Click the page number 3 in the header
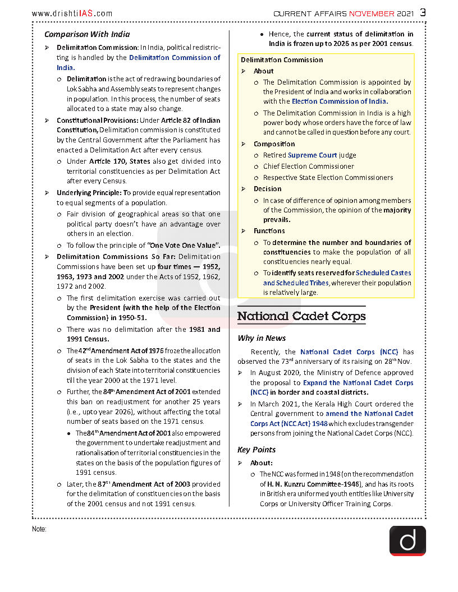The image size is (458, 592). (423, 12)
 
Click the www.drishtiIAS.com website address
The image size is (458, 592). (72, 13)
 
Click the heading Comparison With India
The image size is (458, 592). (87, 34)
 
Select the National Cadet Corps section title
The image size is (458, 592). (301, 316)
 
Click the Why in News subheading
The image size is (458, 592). (262, 338)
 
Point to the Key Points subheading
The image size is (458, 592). (257, 450)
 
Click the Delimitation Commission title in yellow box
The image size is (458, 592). (282, 60)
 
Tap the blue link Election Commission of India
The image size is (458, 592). (340, 101)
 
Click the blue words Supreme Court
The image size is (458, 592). (312, 155)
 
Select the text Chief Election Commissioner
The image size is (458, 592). (309, 166)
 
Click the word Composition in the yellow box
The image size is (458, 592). (274, 144)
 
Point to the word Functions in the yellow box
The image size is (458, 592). (269, 231)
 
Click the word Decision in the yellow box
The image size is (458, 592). (267, 189)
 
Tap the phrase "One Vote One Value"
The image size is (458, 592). (183, 246)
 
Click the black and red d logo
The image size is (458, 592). (407, 540)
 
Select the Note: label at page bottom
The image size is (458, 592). (39, 529)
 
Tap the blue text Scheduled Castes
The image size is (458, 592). (383, 273)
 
